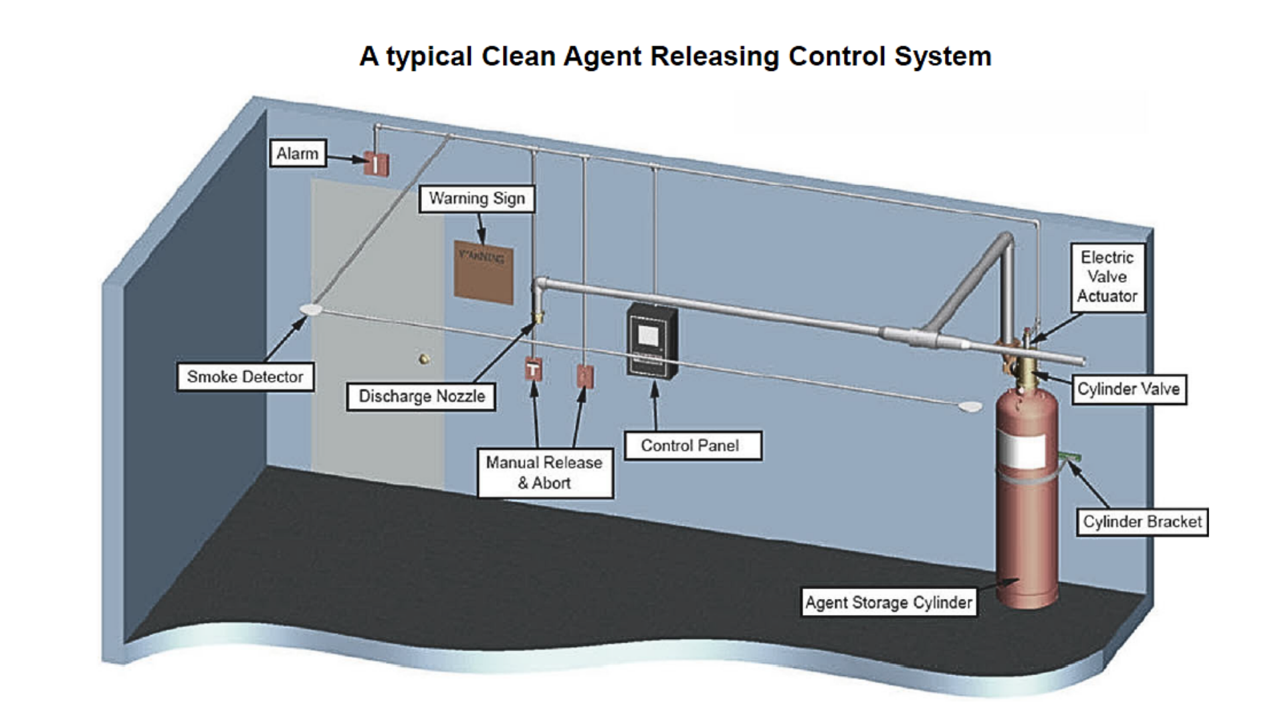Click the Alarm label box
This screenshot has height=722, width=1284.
[298, 154]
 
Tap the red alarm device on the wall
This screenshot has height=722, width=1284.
[377, 164]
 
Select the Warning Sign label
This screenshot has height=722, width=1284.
[477, 199]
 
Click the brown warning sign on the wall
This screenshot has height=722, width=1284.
[484, 272]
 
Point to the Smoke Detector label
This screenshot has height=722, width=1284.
[245, 377]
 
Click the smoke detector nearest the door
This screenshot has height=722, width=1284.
[311, 310]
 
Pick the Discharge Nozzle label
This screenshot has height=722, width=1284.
[421, 396]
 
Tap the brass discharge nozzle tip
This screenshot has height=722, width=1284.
[536, 317]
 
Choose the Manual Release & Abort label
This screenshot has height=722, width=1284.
[544, 473]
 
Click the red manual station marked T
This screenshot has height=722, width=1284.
[533, 369]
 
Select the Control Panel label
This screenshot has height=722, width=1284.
[690, 446]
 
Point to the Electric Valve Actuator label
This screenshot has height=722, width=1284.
[1107, 277]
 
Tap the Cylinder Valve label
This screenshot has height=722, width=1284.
[1128, 389]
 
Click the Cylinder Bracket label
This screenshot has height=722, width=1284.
[1142, 522]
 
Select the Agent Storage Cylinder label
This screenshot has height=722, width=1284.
[888, 603]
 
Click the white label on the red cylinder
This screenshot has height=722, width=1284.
[1021, 450]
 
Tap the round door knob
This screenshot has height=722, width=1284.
[424, 359]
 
